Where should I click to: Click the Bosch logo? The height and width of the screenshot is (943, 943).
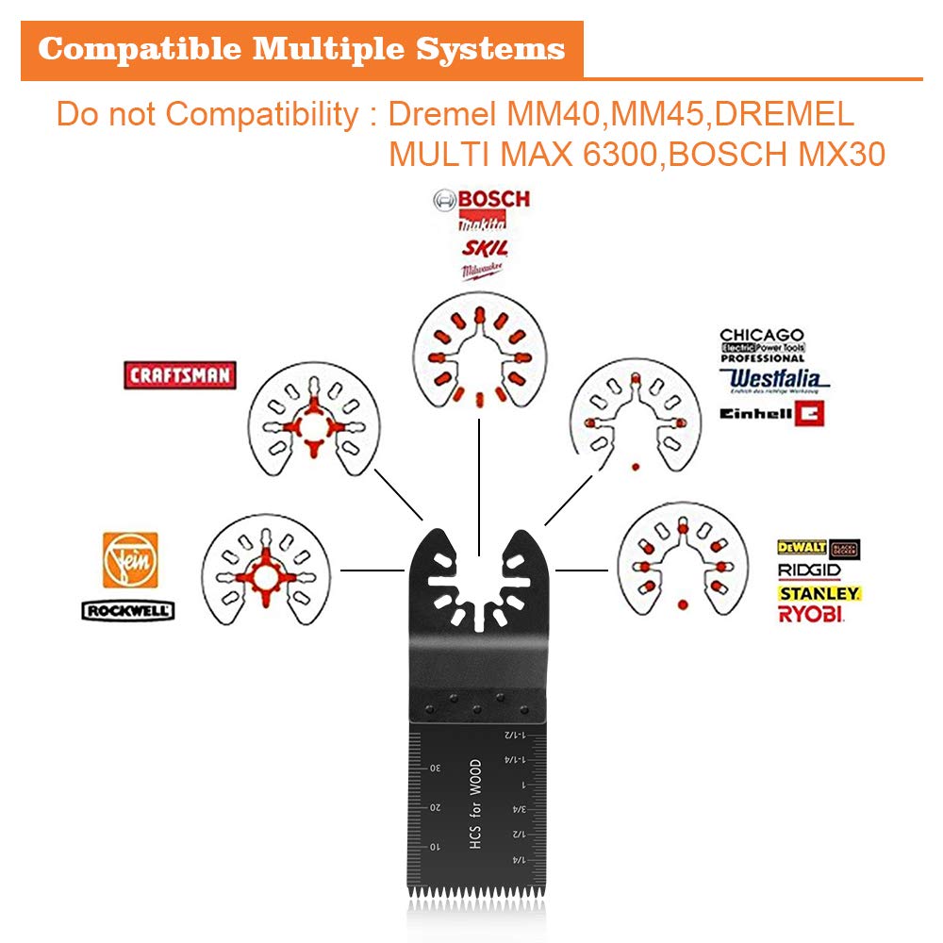(481, 199)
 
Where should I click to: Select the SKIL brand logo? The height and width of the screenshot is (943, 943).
(485, 248)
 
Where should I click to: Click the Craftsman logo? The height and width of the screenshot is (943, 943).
(179, 374)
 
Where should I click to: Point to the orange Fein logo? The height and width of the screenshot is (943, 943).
(130, 560)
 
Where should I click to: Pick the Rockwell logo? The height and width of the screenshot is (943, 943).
(128, 611)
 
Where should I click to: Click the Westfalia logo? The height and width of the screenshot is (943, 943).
(773, 379)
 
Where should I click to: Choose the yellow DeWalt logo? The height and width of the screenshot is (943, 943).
(802, 547)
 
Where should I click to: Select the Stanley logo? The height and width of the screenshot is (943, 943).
(819, 593)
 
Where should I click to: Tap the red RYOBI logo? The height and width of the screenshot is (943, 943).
(811, 615)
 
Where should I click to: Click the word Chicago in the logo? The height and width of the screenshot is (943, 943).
(762, 335)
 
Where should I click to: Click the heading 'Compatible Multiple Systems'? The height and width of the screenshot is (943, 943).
(302, 49)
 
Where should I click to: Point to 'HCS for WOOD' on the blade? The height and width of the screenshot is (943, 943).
(474, 806)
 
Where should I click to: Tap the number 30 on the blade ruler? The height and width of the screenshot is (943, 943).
(436, 769)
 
